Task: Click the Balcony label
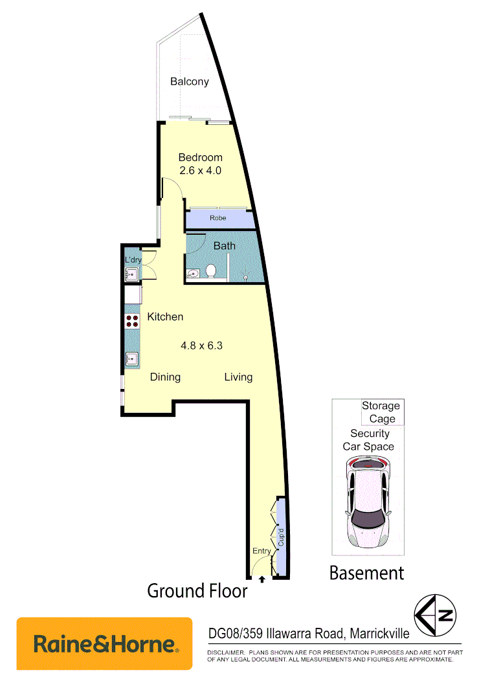pos(190,82)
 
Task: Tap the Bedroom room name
pos(200,157)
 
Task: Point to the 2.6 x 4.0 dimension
pos(200,171)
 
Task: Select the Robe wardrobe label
pos(218,218)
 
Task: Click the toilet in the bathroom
pos(210,270)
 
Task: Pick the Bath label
pos(225,246)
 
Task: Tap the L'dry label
pos(133,260)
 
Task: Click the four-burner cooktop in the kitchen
pos(132,322)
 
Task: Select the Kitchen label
pos(165,316)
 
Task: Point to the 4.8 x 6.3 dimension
pos(201,346)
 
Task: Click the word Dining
pos(165,377)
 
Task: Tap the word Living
pos(238,377)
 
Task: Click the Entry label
pos(262,551)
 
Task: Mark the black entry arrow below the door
pos(262,580)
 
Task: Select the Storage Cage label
pos(381,412)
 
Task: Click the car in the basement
pos(367,501)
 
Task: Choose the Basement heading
pos(366,573)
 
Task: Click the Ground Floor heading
pos(197,591)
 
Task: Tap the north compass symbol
pos(436,615)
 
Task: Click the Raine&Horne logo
pos(104,643)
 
